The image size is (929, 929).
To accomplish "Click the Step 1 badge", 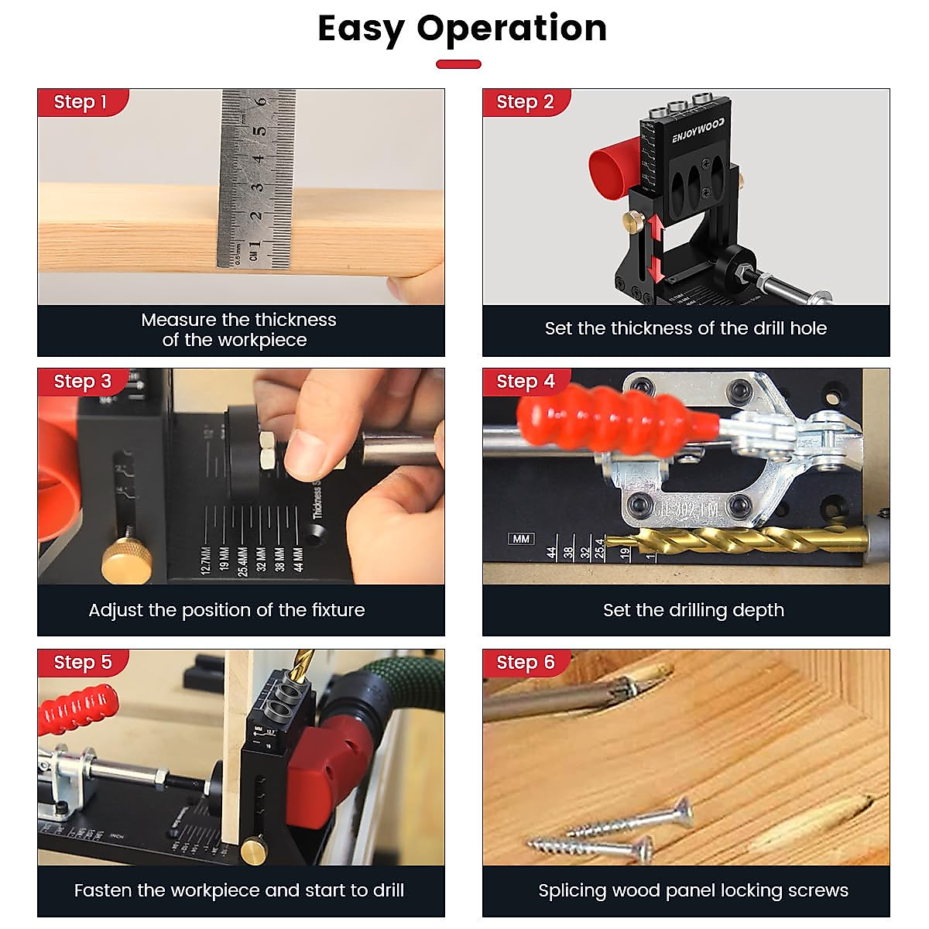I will pos(81,102).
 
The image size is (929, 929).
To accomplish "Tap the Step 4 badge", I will pos(526,382).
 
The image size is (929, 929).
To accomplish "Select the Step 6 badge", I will pos(526,663).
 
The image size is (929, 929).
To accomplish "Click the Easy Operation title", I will pos(462,29).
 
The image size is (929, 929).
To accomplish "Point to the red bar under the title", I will pos(458,64).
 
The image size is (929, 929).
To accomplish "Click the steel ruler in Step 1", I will pos(256,178).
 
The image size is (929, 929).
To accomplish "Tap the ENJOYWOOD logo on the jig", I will pos(698,130).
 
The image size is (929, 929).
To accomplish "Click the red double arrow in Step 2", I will pos(655,249).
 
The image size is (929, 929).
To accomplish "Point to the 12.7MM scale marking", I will pos(206,559).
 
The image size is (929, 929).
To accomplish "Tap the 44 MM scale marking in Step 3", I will pos(299,559).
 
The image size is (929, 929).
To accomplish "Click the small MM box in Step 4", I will pos(521,539).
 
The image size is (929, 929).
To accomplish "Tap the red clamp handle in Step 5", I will pos(77,708).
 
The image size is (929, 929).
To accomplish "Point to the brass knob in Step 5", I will pos(251,852).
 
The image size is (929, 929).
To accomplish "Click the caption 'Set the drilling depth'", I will pos(693,610).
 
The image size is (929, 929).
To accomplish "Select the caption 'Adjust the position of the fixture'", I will pos(226,610).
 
